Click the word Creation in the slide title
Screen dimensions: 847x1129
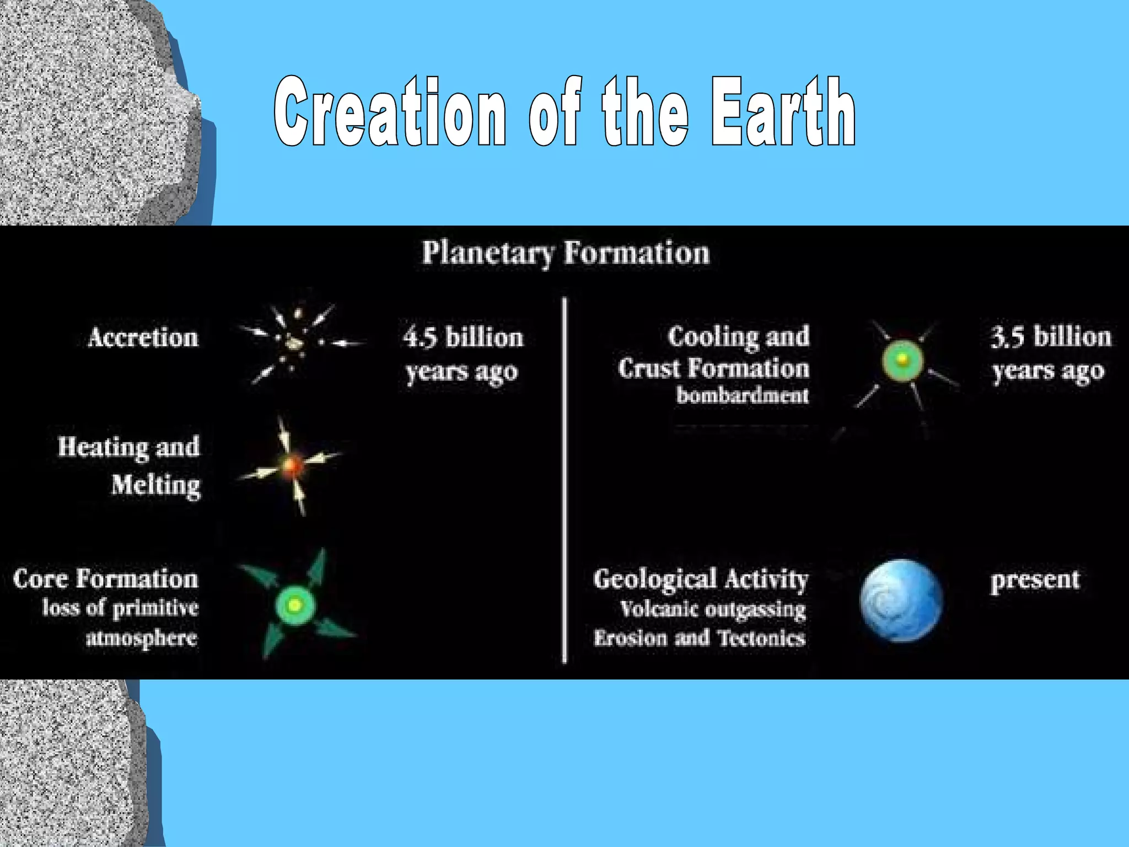click(x=389, y=112)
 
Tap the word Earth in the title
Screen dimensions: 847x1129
click(x=783, y=112)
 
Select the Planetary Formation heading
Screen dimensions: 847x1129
click(x=566, y=253)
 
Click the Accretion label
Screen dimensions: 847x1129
click(x=143, y=337)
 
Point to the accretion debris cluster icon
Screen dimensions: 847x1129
click(x=295, y=342)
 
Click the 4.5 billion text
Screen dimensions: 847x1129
click(x=463, y=337)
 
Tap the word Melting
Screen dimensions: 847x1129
click(x=156, y=485)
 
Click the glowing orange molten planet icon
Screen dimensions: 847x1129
click(x=292, y=467)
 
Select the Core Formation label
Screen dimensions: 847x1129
click(x=105, y=579)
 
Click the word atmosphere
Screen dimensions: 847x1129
click(x=142, y=637)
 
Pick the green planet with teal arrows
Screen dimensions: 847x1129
click(x=295, y=605)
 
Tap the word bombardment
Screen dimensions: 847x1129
click(x=743, y=395)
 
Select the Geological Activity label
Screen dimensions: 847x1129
click(x=701, y=579)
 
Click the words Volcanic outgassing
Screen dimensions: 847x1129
click(x=713, y=609)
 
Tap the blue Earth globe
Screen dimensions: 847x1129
click(x=901, y=601)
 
